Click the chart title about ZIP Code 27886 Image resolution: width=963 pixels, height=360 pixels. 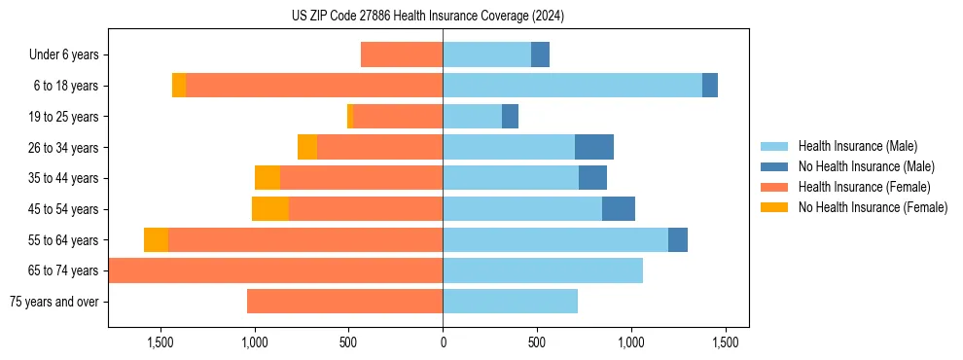pyautogui.click(x=428, y=16)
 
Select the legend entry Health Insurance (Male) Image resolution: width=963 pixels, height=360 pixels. pyautogui.click(x=857, y=146)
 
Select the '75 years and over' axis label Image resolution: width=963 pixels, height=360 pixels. pyautogui.click(x=53, y=302)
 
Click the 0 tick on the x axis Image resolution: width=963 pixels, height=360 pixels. pyautogui.click(x=443, y=342)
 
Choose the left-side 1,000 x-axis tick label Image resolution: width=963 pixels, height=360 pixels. pyautogui.click(x=255, y=342)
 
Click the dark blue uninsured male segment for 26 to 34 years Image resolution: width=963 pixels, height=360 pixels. pyautogui.click(x=593, y=147)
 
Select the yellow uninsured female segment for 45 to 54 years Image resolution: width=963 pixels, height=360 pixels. pyautogui.click(x=270, y=209)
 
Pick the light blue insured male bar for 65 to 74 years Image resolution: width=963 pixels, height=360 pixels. pyautogui.click(x=543, y=270)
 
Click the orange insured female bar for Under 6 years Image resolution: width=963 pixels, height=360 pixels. pyautogui.click(x=402, y=55)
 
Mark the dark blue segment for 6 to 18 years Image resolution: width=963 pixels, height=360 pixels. pyautogui.click(x=710, y=86)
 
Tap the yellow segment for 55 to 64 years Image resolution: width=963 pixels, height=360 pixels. pyautogui.click(x=156, y=240)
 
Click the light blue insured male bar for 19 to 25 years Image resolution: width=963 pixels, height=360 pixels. pyautogui.click(x=472, y=117)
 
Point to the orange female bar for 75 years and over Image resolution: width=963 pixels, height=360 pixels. pyautogui.click(x=344, y=302)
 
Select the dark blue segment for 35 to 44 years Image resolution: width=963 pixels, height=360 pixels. pyautogui.click(x=592, y=178)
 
